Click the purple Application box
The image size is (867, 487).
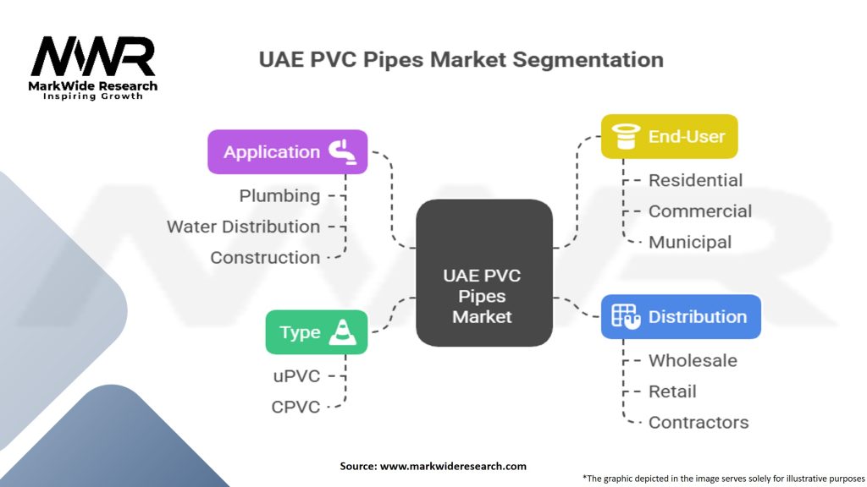pos(287,152)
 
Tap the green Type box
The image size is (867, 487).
pos(316,332)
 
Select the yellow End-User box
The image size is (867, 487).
pos(669,136)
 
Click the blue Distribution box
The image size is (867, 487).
pos(681,317)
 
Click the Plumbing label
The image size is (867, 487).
pos(279,196)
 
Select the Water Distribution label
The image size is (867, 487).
pos(243,227)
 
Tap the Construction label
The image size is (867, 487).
pos(265,258)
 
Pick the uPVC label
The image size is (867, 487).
pos(295,376)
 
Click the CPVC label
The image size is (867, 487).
pos(295,407)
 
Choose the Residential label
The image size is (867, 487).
pos(695,180)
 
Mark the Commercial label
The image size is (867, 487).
pos(699,211)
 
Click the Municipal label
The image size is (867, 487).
pos(690,242)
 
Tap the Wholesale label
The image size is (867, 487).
pos(693,360)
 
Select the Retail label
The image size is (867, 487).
pos(672,391)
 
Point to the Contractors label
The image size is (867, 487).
pos(699,422)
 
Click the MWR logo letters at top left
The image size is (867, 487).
pos(93,57)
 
